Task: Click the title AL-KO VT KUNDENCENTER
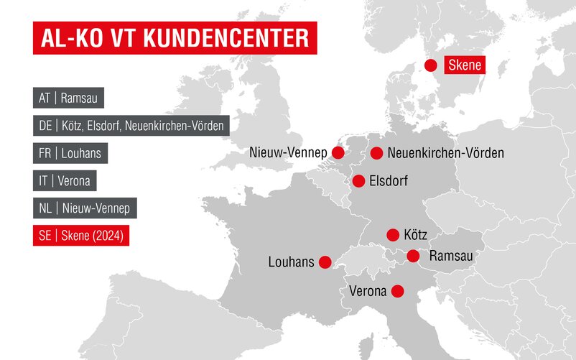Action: (x=175, y=38)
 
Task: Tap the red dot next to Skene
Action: (x=431, y=65)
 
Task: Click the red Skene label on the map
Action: (x=464, y=65)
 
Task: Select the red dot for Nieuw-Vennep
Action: (x=338, y=153)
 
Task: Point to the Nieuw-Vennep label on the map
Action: (x=288, y=153)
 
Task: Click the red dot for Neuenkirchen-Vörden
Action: (x=377, y=153)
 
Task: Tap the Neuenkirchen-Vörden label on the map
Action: (x=445, y=153)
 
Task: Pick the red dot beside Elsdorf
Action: (x=358, y=181)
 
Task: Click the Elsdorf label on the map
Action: (x=388, y=181)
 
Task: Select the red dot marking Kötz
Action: (x=393, y=235)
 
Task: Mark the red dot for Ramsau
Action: (x=413, y=256)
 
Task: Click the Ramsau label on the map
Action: (x=451, y=256)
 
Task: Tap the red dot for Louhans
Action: (x=325, y=262)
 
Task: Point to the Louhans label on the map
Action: (x=291, y=262)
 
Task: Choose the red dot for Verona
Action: (x=397, y=291)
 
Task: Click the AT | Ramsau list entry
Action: (x=69, y=98)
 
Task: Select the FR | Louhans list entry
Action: (x=70, y=153)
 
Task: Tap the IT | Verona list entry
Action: (x=65, y=181)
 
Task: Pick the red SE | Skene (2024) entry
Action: (x=81, y=236)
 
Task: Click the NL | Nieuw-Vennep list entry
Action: (x=85, y=208)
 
